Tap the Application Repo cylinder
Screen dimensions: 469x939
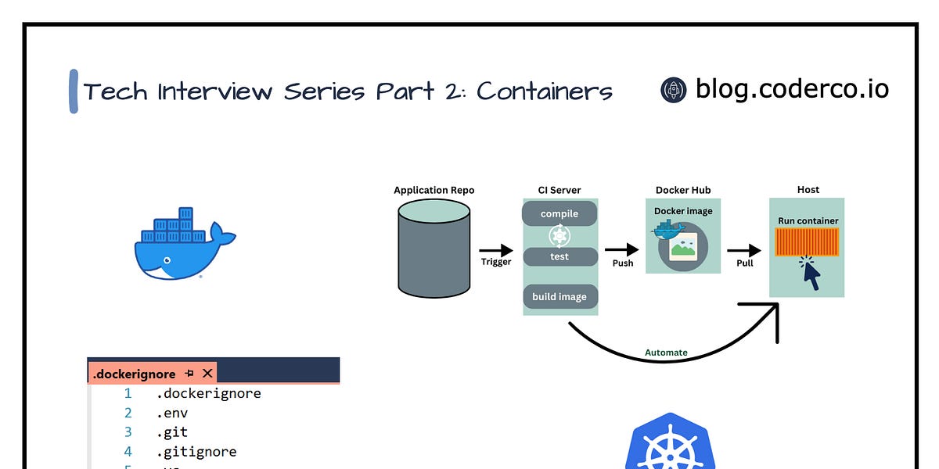(434, 248)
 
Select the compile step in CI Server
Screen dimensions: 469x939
(559, 213)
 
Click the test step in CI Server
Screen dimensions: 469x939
(559, 256)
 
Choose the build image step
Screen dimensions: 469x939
(559, 297)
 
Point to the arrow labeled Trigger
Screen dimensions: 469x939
(496, 250)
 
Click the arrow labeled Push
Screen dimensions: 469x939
(623, 250)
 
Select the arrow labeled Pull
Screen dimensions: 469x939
(744, 250)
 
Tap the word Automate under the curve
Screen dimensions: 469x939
(666, 353)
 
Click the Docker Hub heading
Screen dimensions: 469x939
(683, 190)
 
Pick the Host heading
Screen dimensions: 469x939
(808, 190)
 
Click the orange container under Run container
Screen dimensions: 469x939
(808, 242)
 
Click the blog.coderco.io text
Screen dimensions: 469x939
(792, 89)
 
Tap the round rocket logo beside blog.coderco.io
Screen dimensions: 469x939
(674, 90)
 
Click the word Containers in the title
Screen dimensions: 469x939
(545, 91)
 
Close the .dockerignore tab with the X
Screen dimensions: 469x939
(207, 374)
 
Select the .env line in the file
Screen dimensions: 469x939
(172, 413)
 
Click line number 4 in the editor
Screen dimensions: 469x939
(128, 452)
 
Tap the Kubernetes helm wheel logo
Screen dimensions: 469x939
(667, 449)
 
